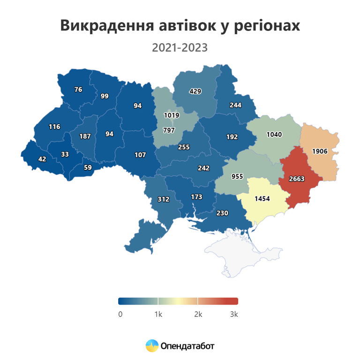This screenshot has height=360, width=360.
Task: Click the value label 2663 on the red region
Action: [x=297, y=179]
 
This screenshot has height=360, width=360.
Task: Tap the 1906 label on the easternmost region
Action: [x=320, y=151]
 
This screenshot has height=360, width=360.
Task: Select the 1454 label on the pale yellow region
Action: [x=262, y=199]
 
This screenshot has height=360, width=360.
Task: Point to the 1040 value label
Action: [x=274, y=135]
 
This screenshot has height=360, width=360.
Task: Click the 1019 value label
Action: [x=171, y=115]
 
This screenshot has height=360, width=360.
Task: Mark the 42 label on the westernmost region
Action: [x=42, y=159]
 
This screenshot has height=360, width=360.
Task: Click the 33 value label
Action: [x=65, y=154]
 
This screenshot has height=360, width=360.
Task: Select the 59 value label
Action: [x=88, y=167]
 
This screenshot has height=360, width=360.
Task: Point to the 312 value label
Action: [x=163, y=199]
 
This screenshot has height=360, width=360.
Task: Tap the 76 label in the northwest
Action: [x=78, y=90]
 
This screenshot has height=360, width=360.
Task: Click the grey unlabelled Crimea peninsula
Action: [x=244, y=251]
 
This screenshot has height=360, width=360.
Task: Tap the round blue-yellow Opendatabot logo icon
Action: [x=152, y=346]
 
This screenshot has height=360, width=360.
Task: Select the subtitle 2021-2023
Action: [x=180, y=48]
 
